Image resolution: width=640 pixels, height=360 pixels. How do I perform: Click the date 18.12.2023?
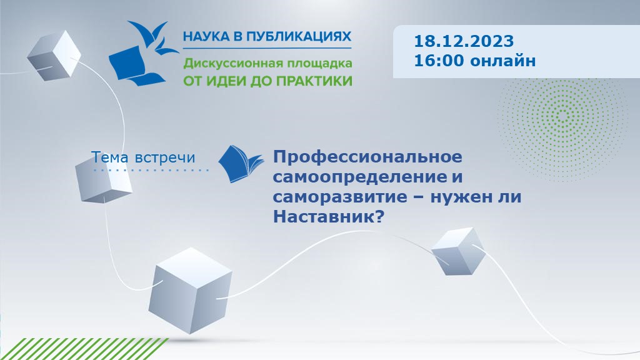point(463,42)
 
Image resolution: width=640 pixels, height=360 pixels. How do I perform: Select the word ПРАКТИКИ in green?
point(314,81)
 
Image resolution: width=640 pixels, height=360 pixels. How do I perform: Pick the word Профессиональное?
point(367,156)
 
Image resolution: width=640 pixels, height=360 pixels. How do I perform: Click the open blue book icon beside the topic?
point(241,164)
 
